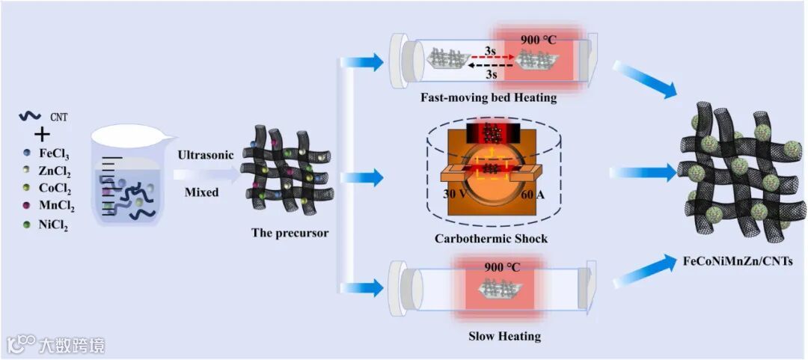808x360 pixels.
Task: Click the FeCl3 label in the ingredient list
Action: [53, 153]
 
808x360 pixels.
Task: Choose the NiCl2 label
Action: [53, 225]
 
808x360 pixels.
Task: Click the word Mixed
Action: [202, 192]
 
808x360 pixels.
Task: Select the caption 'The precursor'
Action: [290, 233]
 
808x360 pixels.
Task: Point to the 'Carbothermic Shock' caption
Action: [491, 239]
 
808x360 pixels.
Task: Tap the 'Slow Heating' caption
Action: [504, 336]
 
